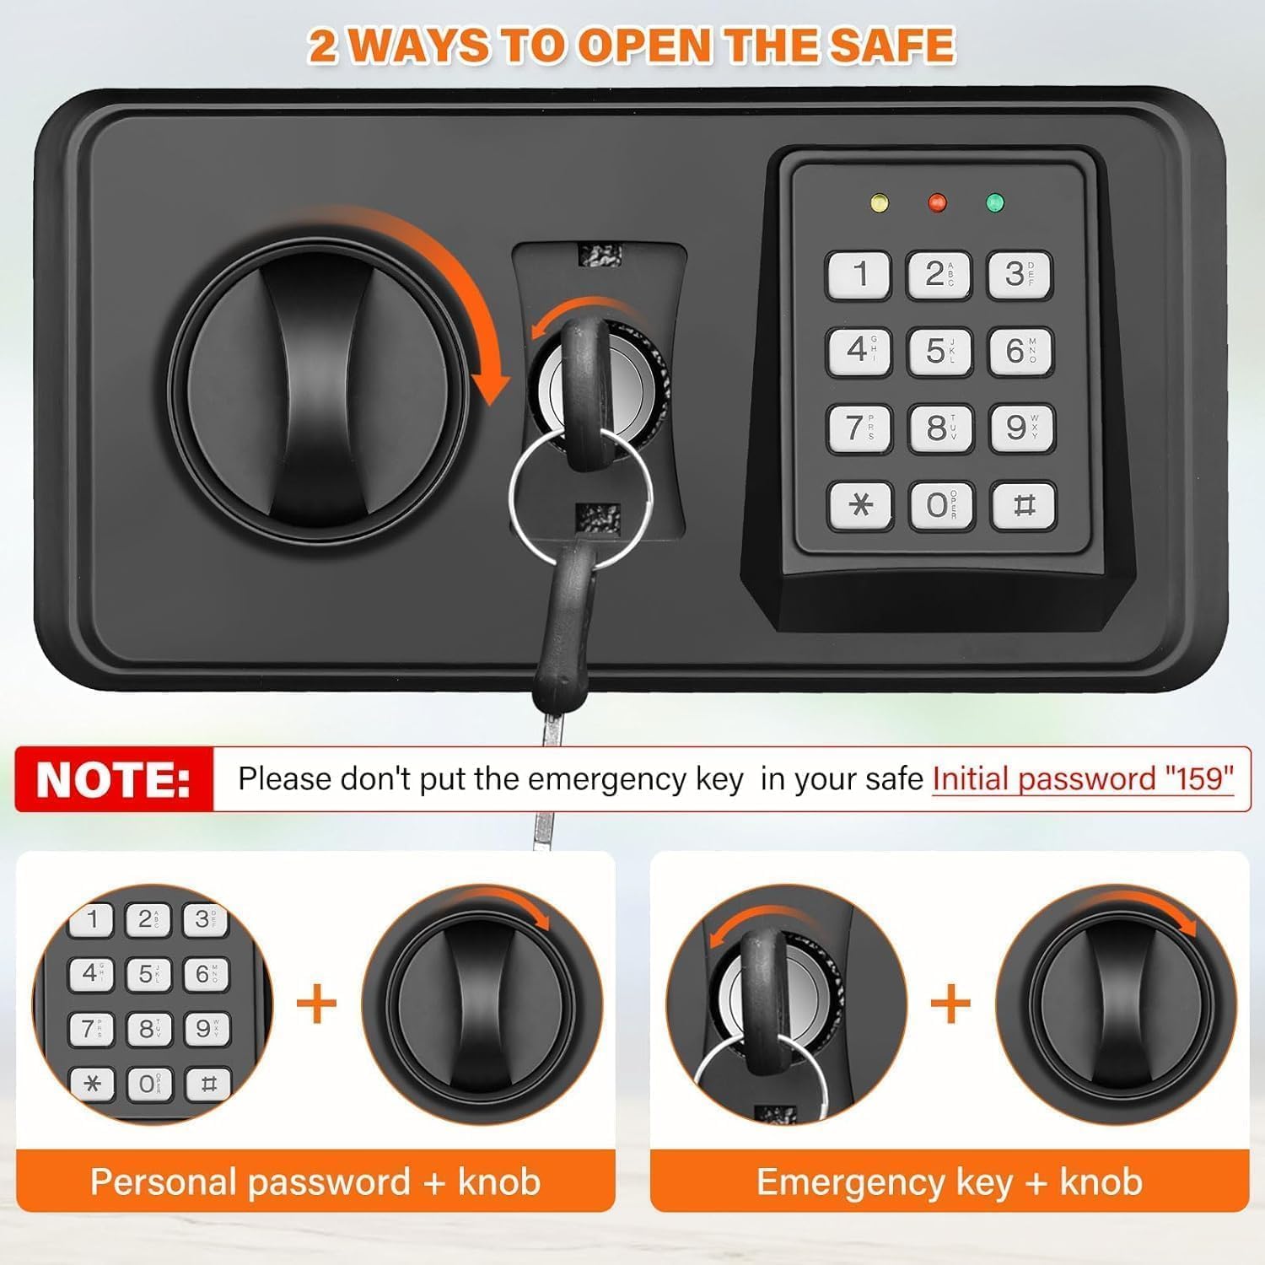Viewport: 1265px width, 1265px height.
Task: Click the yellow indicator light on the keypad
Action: (878, 203)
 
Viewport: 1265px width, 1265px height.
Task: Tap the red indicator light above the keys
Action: (937, 202)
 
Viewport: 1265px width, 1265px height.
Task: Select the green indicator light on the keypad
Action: (995, 202)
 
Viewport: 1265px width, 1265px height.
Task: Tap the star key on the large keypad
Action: (861, 505)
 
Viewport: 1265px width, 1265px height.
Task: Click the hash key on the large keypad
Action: (1023, 505)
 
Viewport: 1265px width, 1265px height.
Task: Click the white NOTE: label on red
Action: (114, 779)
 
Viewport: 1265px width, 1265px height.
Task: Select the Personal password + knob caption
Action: (315, 1182)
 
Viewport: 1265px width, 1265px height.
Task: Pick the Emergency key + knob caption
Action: (950, 1182)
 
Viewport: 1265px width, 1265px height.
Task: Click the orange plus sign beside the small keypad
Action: (317, 1003)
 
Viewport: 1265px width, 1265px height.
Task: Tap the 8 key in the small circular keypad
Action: (148, 1029)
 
